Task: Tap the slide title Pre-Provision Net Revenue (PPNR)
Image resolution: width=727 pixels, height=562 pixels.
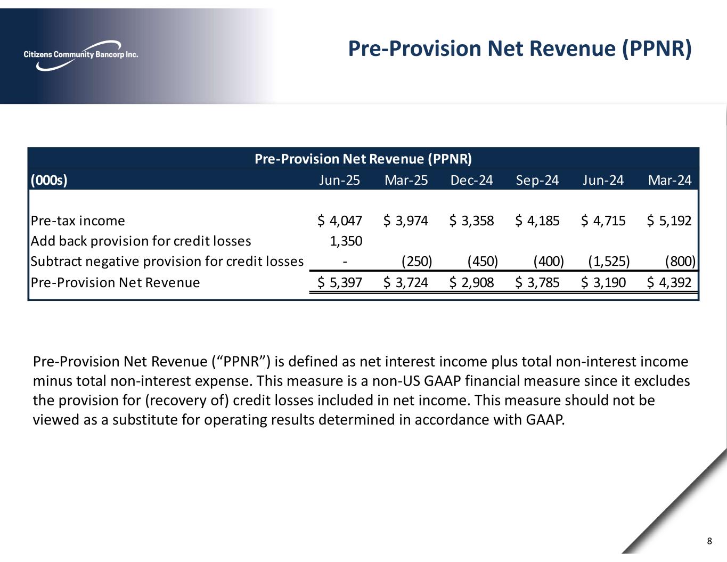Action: pos(520,48)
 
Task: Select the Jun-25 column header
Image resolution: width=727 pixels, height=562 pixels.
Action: pos(339,180)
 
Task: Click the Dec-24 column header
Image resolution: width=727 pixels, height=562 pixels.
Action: pos(471,180)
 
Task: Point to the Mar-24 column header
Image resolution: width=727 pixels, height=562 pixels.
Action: pos(669,180)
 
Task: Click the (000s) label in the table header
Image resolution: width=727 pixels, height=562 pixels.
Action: pos(49,180)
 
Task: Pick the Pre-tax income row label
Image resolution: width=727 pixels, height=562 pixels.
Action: pos(78,221)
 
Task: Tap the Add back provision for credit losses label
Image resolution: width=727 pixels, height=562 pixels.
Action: pos(141,241)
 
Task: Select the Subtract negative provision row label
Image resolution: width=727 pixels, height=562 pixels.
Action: pos(167,261)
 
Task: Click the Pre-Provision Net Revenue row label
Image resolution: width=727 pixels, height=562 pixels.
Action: pos(115,282)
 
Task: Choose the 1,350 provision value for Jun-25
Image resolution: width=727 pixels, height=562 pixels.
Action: pos(346,241)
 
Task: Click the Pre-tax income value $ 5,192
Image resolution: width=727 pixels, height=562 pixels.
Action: pos(669,221)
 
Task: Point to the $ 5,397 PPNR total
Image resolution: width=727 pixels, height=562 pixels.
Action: pos(340,282)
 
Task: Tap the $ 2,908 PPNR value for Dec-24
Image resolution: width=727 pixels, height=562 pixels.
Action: pos(472,282)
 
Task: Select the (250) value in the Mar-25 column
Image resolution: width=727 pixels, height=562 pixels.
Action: pos(416,261)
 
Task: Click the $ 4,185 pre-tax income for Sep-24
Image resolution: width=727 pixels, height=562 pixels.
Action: pos(537,221)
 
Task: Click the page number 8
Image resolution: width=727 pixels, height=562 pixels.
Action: pos(709,542)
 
